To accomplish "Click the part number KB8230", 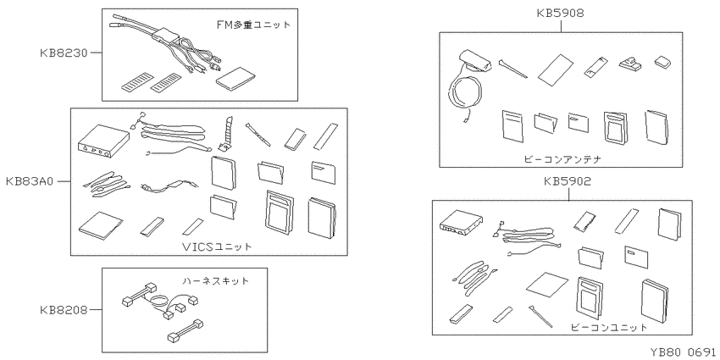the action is point(63,53).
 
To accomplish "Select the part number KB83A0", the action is point(30,181).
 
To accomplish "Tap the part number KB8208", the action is point(63,310).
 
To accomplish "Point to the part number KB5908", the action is point(560,13).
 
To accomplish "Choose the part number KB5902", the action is point(568,181).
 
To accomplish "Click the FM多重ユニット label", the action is point(254,25).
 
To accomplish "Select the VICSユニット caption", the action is point(217,246).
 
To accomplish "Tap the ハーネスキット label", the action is point(215,280).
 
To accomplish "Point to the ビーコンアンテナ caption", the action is point(562,159).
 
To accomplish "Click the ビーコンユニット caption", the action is point(609,328).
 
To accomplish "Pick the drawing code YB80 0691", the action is point(683,352).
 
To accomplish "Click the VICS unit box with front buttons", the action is point(96,141).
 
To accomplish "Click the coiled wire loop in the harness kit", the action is point(158,302).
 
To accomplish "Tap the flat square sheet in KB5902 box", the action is point(549,285).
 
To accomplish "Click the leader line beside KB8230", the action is point(96,53).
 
